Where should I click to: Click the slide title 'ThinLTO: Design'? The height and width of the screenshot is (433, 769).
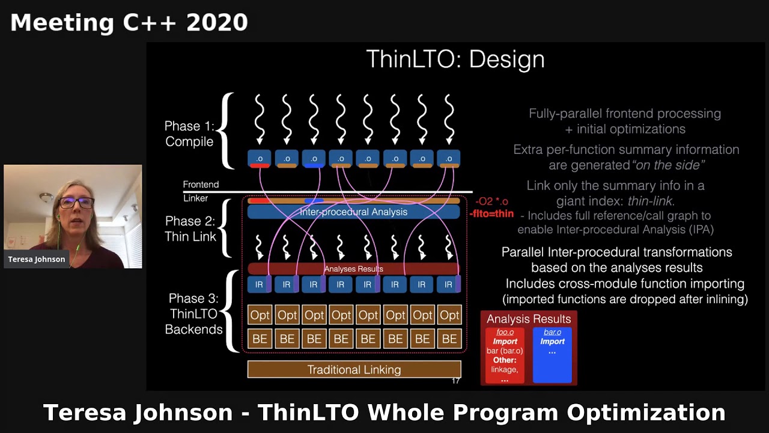[455, 60]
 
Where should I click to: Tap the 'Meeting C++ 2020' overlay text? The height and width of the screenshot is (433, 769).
[129, 22]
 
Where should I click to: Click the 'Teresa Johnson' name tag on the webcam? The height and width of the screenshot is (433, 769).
[37, 259]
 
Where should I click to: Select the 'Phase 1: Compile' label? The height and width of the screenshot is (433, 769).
[189, 134]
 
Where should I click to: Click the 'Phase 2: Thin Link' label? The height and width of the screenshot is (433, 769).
[190, 229]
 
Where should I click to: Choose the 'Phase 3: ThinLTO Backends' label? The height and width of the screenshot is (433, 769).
[193, 313]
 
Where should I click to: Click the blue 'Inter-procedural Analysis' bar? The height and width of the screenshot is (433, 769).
[353, 212]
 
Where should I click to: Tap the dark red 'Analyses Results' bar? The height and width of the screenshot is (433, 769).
[353, 269]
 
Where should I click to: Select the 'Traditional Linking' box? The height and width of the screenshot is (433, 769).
[354, 369]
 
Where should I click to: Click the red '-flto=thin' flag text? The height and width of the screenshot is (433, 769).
[491, 213]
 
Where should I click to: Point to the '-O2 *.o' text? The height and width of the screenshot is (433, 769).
[491, 201]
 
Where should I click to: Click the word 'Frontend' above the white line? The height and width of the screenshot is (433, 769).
[201, 185]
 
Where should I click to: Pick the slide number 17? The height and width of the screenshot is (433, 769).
[455, 380]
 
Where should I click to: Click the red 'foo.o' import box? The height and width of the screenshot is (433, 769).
[505, 355]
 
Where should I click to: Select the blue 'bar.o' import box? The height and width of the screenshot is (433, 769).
[552, 355]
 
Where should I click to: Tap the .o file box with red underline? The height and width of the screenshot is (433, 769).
[260, 159]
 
